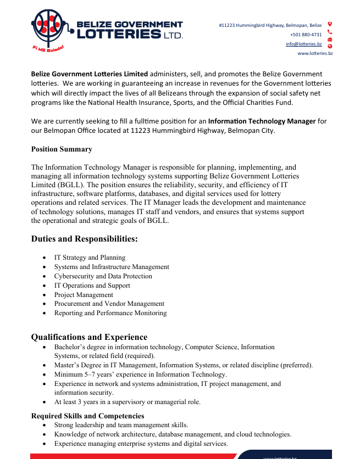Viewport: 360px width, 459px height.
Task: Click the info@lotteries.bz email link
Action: coord(303,44)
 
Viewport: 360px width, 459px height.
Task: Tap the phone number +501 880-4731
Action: coord(306,35)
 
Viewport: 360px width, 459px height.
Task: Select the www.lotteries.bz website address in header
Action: coord(315,53)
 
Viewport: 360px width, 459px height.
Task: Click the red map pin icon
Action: coord(330,24)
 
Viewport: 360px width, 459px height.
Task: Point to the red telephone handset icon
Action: coord(330,32)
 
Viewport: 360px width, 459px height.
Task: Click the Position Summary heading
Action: coord(62,149)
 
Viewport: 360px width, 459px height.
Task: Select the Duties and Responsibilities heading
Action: coord(84,239)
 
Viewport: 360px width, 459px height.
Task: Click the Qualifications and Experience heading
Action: coord(89,337)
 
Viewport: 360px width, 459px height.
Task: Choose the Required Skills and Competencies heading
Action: coord(87,416)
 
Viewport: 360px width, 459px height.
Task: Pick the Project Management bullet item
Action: coord(84,295)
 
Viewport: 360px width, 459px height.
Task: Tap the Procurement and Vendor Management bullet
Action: coord(109,304)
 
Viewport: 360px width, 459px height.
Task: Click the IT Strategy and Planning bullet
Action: coord(90,258)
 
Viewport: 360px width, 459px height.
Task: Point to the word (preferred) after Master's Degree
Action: coord(297,365)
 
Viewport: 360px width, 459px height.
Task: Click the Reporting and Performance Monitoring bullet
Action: coord(110,313)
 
